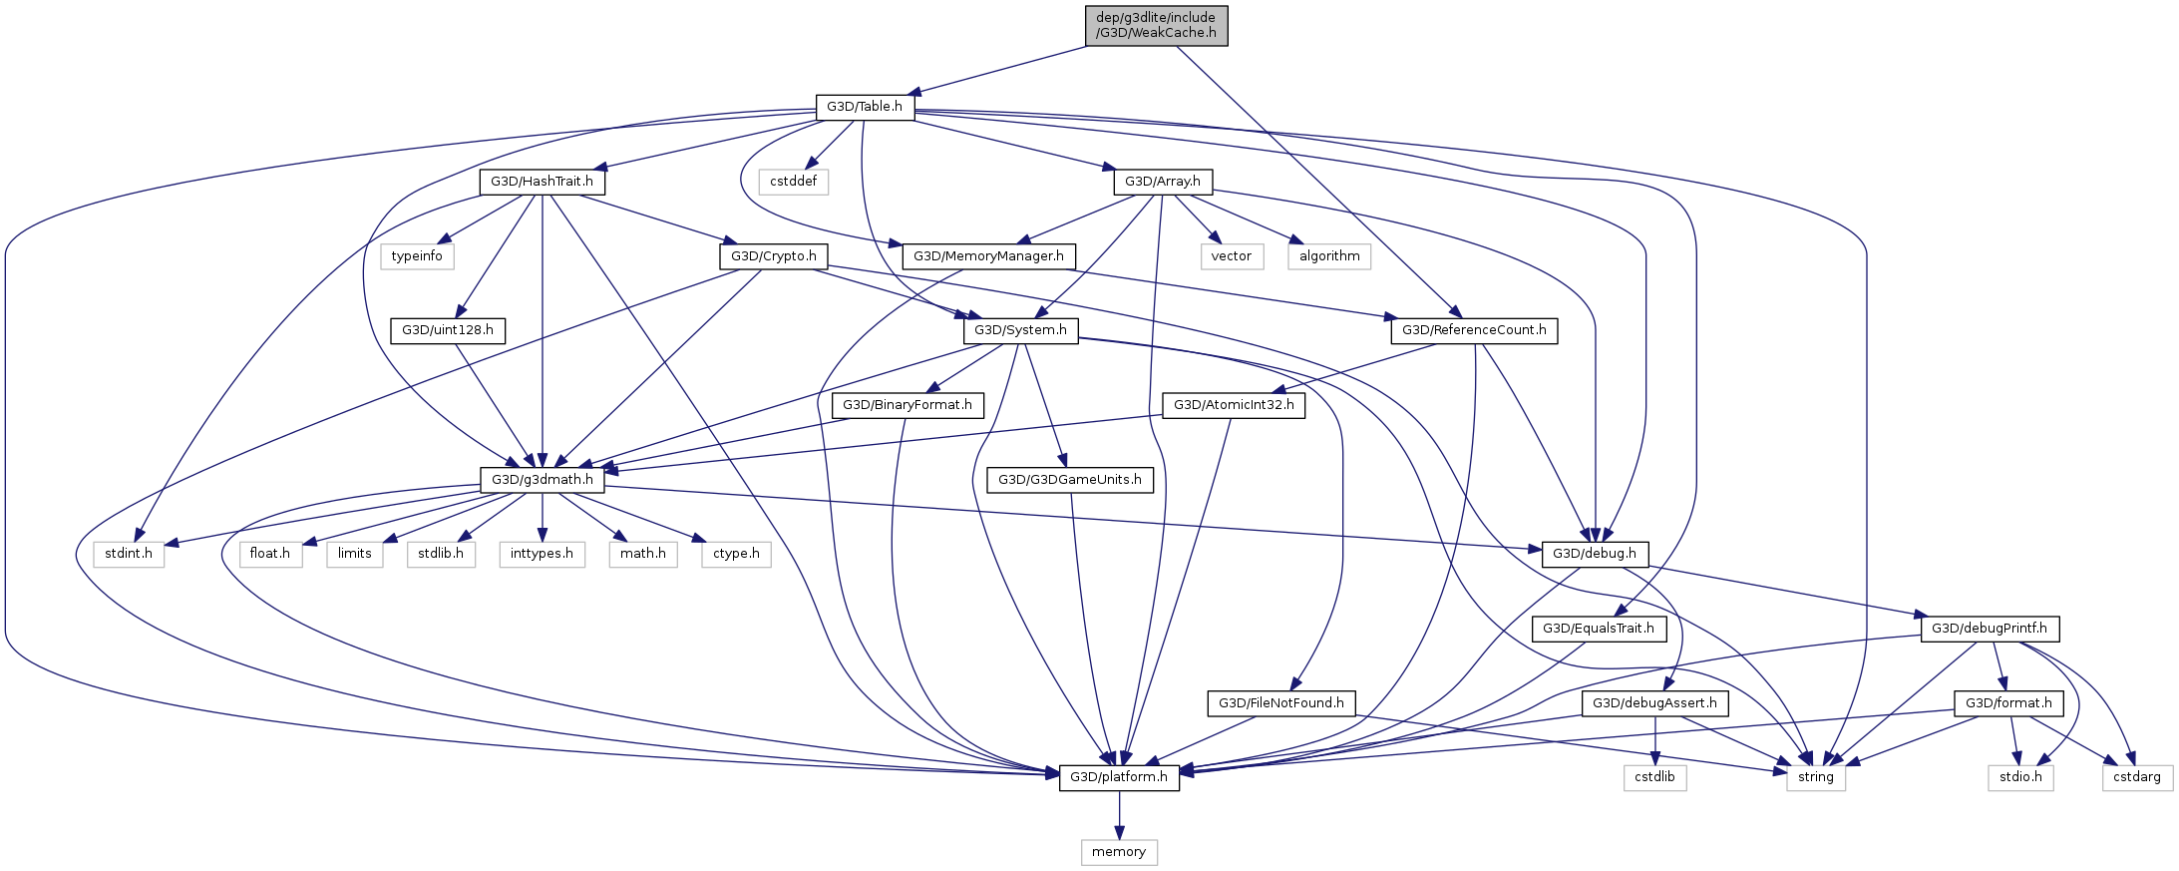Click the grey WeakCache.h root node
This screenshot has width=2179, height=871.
(1156, 26)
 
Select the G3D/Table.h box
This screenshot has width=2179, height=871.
(865, 107)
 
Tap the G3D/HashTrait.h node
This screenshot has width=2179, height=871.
(542, 182)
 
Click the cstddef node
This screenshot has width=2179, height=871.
(793, 182)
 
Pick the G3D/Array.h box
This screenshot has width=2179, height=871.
(1163, 182)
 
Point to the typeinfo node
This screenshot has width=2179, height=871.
(417, 256)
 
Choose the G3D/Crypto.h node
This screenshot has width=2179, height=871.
(773, 256)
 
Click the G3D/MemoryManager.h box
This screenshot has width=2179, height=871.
(988, 256)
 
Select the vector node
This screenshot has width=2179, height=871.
(1232, 256)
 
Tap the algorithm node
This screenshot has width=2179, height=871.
(1329, 256)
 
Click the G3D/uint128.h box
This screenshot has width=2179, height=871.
(448, 330)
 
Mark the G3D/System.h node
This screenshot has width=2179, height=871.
(1020, 330)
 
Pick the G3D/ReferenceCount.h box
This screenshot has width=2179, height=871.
(1474, 330)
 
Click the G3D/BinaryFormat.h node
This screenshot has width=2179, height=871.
(908, 405)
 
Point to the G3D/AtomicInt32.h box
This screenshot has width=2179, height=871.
(1234, 405)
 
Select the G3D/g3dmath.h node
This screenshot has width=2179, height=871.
(543, 480)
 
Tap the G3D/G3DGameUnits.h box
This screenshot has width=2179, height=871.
(1070, 480)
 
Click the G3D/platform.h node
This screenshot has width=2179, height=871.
(1119, 777)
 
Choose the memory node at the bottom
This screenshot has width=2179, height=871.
(1119, 852)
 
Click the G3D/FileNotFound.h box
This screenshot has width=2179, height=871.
(1281, 703)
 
